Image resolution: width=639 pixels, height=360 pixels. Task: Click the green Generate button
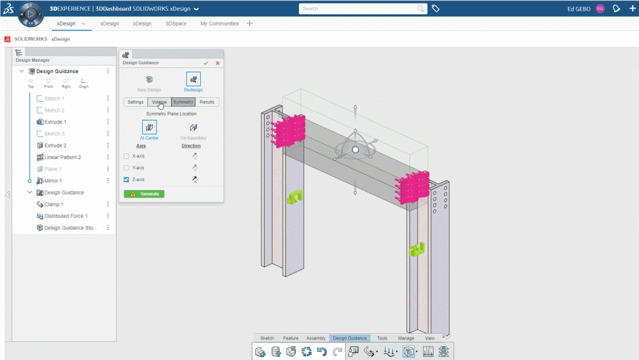pos(144,194)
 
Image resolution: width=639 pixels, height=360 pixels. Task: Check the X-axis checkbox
pos(127,156)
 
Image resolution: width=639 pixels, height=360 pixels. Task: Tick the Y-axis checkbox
pos(127,168)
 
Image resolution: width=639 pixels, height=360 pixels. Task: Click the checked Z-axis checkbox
pos(127,180)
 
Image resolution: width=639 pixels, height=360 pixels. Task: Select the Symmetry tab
pos(183,102)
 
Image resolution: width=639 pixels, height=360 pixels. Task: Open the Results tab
pos(207,102)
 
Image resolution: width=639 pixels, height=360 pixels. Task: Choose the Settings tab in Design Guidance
pos(135,102)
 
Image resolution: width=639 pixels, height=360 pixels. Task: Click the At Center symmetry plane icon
pos(150,127)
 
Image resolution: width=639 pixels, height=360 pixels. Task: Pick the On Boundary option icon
pos(193,127)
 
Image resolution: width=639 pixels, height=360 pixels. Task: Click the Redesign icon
pos(193,79)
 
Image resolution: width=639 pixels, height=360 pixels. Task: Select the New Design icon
pos(150,79)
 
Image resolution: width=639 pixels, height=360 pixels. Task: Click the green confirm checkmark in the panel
pos(206,63)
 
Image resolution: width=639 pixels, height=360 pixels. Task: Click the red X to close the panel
pos(218,63)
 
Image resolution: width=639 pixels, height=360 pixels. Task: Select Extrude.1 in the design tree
pos(55,122)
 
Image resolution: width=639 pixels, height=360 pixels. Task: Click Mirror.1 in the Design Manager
pos(53,181)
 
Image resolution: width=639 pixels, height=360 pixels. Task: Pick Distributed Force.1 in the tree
pos(66,216)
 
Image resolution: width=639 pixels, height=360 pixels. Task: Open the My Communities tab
pos(219,24)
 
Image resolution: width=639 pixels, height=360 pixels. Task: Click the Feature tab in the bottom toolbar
pos(291,338)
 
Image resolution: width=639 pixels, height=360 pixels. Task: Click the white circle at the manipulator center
pos(355,150)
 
